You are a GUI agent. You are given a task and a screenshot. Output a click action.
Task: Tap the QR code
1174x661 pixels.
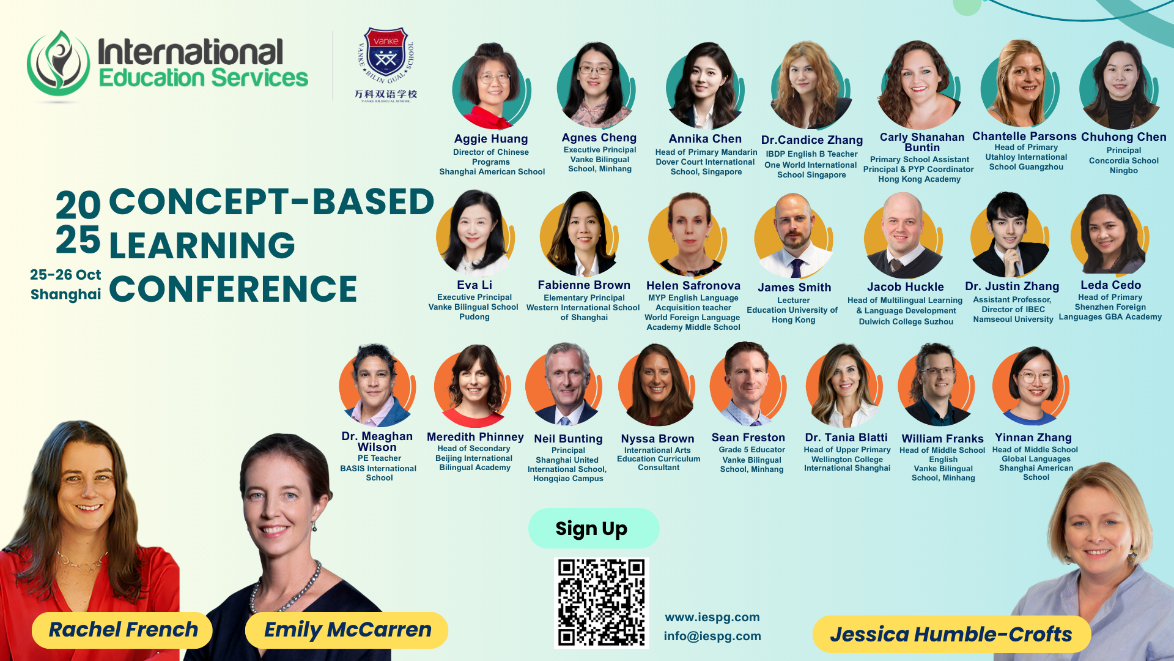601,603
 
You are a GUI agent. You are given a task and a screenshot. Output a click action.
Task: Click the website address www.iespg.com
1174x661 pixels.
712,617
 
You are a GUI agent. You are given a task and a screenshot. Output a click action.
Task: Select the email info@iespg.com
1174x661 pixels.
712,636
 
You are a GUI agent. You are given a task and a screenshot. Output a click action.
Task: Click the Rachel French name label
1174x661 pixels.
122,630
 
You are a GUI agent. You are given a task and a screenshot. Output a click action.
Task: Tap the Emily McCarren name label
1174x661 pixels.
347,630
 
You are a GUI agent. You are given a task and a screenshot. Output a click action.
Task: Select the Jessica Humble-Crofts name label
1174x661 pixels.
951,635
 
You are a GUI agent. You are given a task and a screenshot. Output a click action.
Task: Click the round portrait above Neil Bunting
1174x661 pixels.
564,385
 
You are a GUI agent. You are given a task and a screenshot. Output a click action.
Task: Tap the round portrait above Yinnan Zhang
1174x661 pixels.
1032,386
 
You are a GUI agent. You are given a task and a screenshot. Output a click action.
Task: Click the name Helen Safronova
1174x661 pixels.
693,286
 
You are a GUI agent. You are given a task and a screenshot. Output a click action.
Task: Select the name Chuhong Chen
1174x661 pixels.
1124,137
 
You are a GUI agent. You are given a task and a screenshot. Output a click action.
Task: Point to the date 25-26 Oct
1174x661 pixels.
65,275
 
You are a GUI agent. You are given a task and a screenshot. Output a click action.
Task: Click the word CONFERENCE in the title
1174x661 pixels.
233,289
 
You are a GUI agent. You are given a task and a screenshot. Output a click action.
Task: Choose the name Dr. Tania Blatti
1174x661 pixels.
846,438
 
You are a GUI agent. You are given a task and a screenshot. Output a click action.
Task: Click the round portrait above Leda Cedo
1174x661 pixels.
1110,234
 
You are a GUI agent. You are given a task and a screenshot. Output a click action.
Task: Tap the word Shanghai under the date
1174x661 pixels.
66,294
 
